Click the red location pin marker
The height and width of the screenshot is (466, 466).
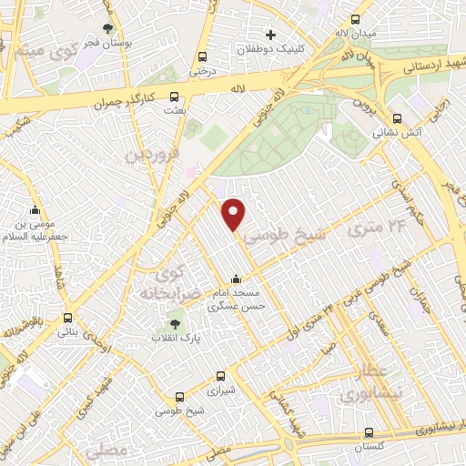(x=234, y=214)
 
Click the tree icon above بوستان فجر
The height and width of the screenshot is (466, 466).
(x=108, y=28)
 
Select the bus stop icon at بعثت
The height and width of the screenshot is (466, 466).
(x=174, y=96)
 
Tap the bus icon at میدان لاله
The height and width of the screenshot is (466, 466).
(x=355, y=19)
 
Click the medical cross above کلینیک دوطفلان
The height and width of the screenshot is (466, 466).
(x=271, y=35)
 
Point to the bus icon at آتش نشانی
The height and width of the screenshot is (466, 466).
(x=397, y=117)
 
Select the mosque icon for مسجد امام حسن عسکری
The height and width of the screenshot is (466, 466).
(x=236, y=279)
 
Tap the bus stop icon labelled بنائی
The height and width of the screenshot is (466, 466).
(x=68, y=319)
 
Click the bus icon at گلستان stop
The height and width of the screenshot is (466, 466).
(x=368, y=434)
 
